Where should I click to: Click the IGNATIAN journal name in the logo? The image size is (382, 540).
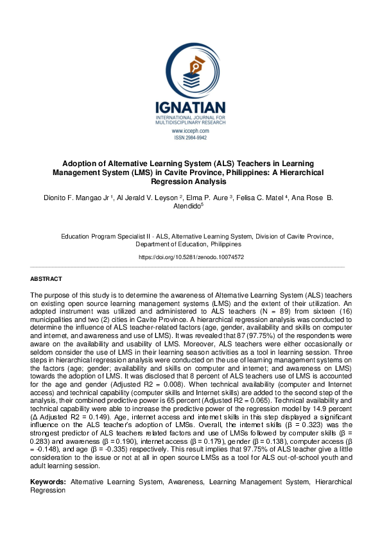191,107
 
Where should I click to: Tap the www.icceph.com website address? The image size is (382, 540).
191,131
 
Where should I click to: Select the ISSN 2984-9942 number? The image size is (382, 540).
191,138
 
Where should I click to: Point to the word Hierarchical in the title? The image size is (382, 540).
300,173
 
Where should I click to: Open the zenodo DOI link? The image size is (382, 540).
191,257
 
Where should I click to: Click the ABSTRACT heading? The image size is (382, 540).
46,279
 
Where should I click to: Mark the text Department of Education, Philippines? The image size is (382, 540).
189,244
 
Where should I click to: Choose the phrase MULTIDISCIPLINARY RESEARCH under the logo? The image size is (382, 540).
191,123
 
